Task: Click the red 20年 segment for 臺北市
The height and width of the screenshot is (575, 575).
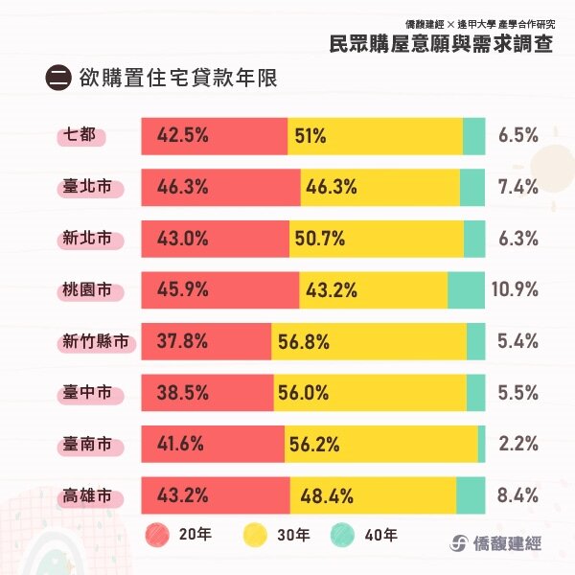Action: [220, 187]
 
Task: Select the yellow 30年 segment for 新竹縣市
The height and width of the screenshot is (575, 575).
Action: [369, 342]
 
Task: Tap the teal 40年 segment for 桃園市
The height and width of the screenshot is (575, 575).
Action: [466, 289]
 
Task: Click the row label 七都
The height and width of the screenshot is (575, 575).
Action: [81, 136]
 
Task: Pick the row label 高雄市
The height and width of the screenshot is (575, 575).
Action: [88, 496]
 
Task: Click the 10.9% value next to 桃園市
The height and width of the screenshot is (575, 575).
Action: [517, 289]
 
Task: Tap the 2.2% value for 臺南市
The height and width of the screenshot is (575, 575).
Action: [518, 444]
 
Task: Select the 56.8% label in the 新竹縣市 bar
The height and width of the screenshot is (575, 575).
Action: [304, 342]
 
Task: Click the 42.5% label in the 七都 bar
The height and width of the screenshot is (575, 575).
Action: [182, 136]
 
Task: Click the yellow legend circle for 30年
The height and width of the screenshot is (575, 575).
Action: [254, 535]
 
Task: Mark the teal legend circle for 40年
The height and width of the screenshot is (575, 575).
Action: [343, 535]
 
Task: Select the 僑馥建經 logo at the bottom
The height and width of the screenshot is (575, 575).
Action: [495, 541]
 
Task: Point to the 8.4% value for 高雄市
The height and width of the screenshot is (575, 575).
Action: [518, 496]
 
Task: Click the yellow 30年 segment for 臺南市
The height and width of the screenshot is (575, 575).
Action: [380, 444]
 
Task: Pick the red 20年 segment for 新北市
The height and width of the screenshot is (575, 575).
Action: [216, 239]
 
